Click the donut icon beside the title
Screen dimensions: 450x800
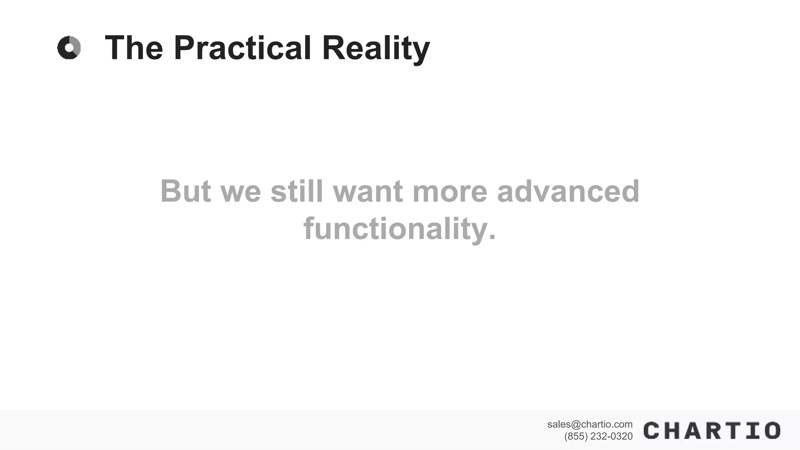(x=69, y=48)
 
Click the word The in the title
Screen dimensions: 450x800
(x=134, y=48)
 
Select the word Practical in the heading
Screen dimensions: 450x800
(x=242, y=48)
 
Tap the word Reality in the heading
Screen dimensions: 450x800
(x=375, y=48)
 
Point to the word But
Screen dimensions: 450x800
(x=186, y=191)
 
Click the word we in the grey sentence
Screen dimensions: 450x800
(x=241, y=191)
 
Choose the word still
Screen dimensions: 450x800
(x=297, y=191)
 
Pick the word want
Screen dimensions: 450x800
(x=368, y=191)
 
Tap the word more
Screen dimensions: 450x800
(x=450, y=191)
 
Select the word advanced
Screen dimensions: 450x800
(x=568, y=191)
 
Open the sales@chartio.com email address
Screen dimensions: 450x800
(x=589, y=424)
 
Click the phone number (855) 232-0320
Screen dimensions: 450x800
(x=598, y=436)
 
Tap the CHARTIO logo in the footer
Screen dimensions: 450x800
(x=712, y=430)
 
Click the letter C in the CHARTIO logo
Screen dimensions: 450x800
(x=652, y=430)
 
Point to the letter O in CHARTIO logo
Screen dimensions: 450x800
(x=772, y=430)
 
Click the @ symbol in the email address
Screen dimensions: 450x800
(x=576, y=425)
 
